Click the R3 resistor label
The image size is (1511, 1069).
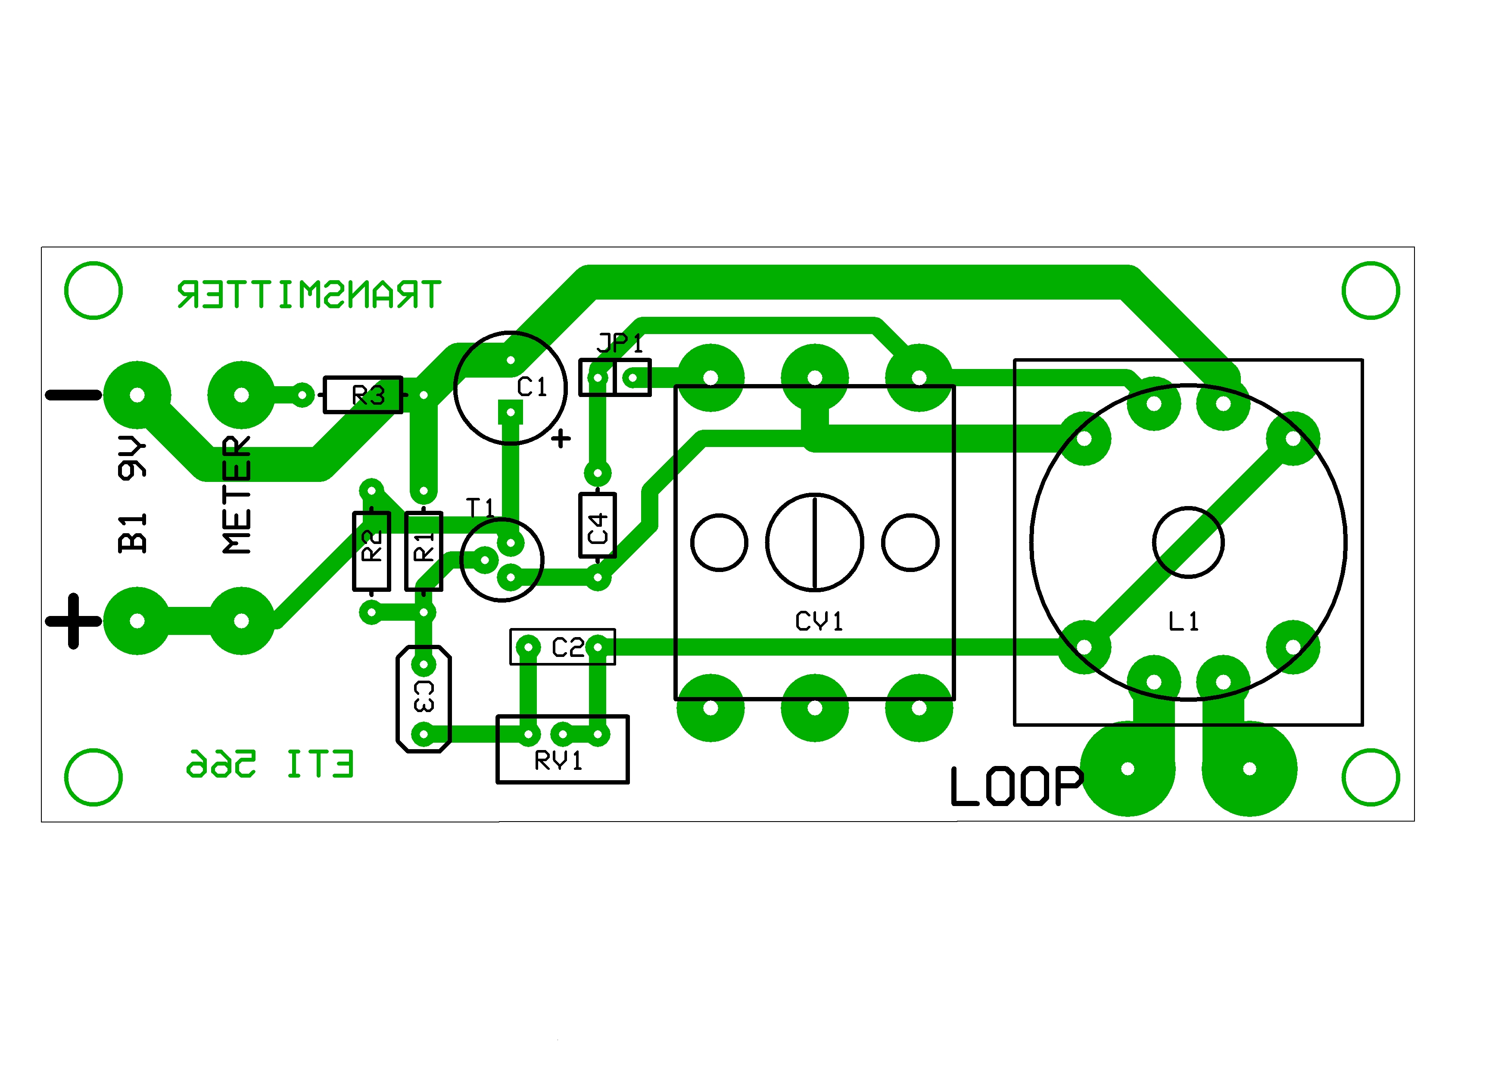tap(368, 396)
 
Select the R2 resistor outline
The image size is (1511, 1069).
tap(372, 552)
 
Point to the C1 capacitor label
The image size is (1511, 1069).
tap(532, 387)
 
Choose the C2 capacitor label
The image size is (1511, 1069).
tap(567, 648)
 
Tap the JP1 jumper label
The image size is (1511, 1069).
tap(619, 343)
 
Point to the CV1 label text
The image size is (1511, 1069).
tap(819, 621)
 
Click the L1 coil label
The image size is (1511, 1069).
tap(1183, 621)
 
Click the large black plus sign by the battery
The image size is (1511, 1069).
tap(73, 621)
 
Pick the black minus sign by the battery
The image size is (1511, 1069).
tap(73, 395)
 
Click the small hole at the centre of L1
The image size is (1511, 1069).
tap(1188, 542)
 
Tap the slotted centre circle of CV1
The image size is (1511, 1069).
tap(815, 542)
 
